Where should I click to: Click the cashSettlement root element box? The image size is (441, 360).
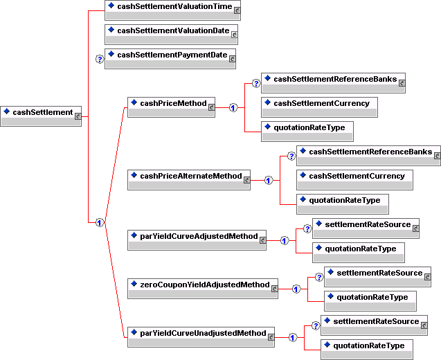(x=42, y=116)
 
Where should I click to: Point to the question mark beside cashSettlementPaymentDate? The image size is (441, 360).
(x=99, y=59)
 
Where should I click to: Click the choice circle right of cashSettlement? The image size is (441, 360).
(x=100, y=222)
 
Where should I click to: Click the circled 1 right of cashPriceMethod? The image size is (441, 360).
(x=233, y=107)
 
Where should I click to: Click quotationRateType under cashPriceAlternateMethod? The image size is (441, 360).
(x=342, y=204)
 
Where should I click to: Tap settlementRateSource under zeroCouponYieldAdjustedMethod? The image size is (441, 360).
(x=377, y=277)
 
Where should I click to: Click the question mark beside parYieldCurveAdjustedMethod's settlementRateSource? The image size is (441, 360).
(x=307, y=228)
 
